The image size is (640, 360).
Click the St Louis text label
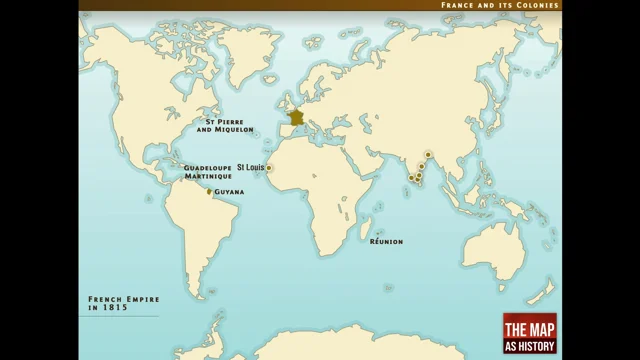pyautogui.click(x=250, y=167)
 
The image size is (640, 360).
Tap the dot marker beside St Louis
pyautogui.click(x=269, y=168)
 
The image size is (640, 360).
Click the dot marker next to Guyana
pyautogui.click(x=209, y=191)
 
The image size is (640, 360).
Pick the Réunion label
pyautogui.click(x=386, y=241)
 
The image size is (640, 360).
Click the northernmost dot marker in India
pyautogui.click(x=428, y=156)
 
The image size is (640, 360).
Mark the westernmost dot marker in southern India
pyautogui.click(x=411, y=178)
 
